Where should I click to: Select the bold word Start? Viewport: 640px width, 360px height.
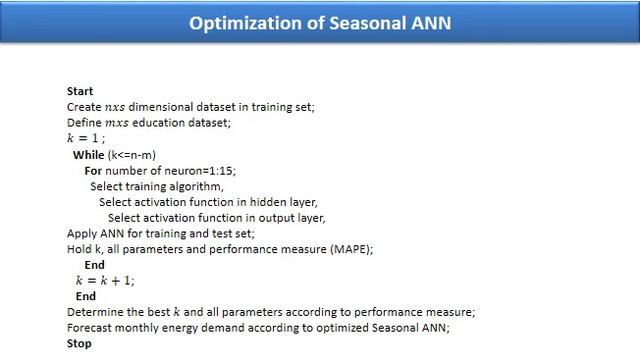click(x=80, y=91)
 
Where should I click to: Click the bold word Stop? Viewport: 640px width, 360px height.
click(x=79, y=343)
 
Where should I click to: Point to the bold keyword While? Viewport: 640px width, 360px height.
click(x=88, y=155)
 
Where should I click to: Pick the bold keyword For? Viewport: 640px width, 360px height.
click(x=94, y=171)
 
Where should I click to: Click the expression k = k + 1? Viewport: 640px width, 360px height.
click(x=105, y=281)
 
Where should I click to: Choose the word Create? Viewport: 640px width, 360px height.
click(x=84, y=107)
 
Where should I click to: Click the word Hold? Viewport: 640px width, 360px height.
click(x=78, y=249)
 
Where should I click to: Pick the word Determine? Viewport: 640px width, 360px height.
click(x=93, y=312)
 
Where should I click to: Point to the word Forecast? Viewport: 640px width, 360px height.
click(x=89, y=328)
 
